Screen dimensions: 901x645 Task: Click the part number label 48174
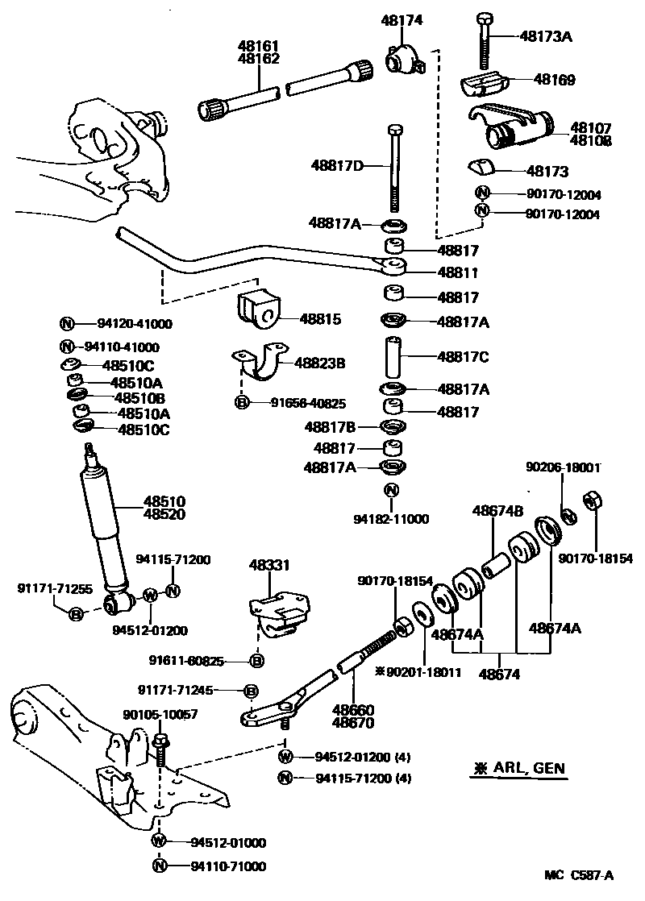tap(401, 20)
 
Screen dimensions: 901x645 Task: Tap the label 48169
tap(552, 80)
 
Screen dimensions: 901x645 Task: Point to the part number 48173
tap(547, 172)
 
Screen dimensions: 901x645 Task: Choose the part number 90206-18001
tap(563, 467)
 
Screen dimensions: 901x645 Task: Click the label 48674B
tap(497, 510)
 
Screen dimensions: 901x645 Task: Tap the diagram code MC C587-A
tap(578, 875)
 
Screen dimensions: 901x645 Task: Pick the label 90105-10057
tap(160, 715)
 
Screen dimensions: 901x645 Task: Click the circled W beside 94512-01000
tap(159, 842)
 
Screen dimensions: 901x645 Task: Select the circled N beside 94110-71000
tap(159, 866)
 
